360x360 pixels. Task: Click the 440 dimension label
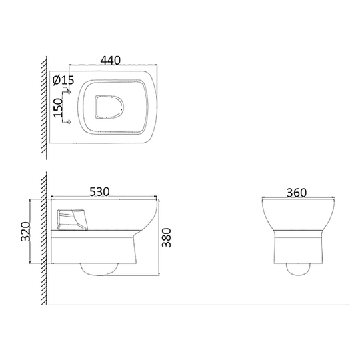[111, 60]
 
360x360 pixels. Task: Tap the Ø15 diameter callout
[63, 80]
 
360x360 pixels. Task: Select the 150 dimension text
[58, 107]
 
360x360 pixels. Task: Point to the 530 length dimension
[99, 192]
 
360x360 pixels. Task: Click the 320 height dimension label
[25, 231]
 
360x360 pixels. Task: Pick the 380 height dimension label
[167, 237]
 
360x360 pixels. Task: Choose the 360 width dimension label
[297, 193]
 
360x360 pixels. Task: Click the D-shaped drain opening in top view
[109, 107]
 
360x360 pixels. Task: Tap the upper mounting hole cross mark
[69, 92]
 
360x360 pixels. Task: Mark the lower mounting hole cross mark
[69, 122]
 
